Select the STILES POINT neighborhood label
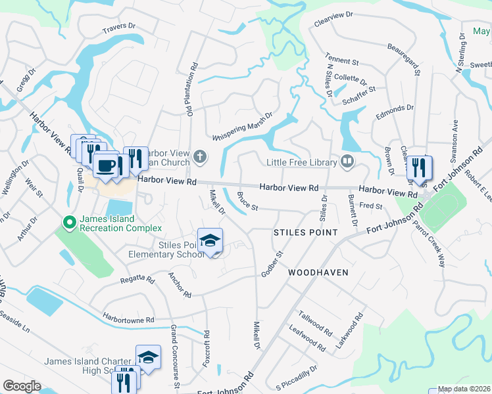tap(305, 233)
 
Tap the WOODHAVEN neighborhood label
tap(317, 271)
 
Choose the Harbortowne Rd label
tap(128, 320)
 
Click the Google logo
tap(22, 386)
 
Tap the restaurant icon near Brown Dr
tap(418, 168)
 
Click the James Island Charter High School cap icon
tap(148, 357)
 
